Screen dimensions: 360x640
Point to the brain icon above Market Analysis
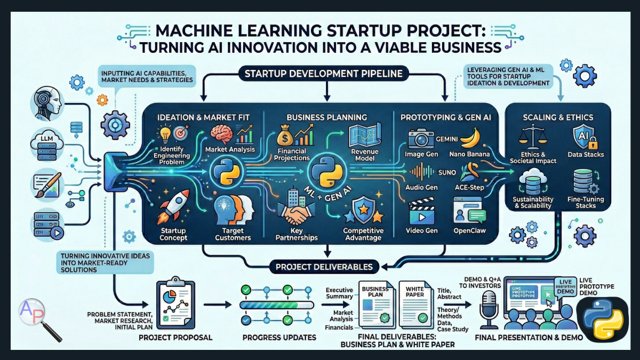(x=221, y=134)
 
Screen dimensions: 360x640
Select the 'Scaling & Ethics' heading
(x=558, y=117)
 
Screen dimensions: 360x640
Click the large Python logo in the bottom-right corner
(x=603, y=318)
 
